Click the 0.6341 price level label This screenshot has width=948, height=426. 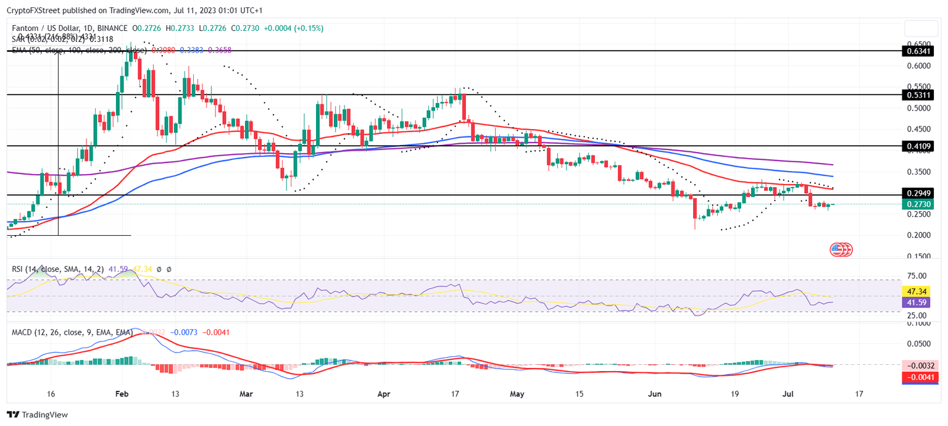[917, 51]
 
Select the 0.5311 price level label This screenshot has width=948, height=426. [917, 95]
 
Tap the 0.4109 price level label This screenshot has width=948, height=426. [917, 146]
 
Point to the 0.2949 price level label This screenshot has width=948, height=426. [917, 195]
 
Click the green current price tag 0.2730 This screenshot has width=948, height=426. [917, 204]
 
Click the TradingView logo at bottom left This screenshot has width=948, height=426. [37, 415]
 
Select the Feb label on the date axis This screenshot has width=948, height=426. [122, 393]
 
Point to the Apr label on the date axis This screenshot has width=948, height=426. [383, 393]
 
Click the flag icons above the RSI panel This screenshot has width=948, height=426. [841, 249]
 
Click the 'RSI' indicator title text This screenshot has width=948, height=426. [19, 269]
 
